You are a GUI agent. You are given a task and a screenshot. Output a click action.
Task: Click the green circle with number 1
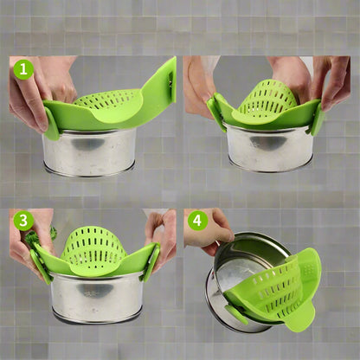point(23,69)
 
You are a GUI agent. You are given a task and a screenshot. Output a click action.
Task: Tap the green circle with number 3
point(23,221)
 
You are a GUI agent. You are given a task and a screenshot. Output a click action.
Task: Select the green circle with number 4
point(197,221)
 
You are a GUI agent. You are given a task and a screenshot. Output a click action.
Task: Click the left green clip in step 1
point(52,124)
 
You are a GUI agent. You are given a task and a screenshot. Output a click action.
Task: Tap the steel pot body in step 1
point(89,152)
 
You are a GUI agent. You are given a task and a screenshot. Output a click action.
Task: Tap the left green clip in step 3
point(41,266)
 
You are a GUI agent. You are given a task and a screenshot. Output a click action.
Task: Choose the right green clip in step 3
point(151,262)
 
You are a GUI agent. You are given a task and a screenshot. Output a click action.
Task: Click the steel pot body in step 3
point(98,297)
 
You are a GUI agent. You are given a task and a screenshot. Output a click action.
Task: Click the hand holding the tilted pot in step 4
point(209,232)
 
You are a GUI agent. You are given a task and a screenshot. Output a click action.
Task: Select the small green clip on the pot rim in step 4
point(236,314)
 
